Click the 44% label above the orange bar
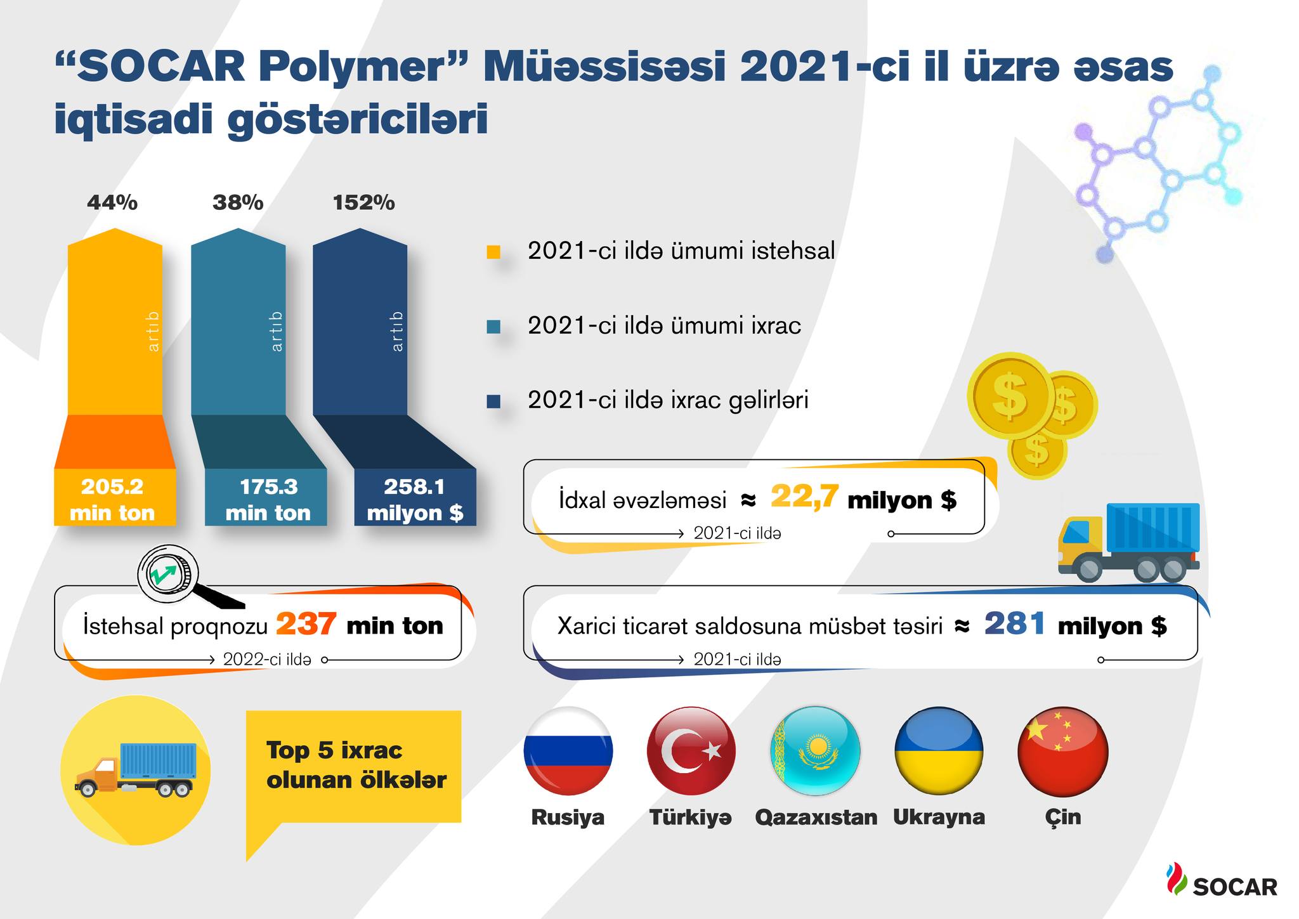112,202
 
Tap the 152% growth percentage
363,202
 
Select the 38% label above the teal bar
238,202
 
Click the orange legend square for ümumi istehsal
493,252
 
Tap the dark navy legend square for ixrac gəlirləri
493,401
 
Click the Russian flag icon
568,751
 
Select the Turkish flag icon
691,751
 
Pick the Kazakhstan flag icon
815,751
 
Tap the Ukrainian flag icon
939,751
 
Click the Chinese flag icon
1063,751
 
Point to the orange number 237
306,624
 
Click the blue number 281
1014,623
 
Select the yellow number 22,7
804,497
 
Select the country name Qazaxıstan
816,817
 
